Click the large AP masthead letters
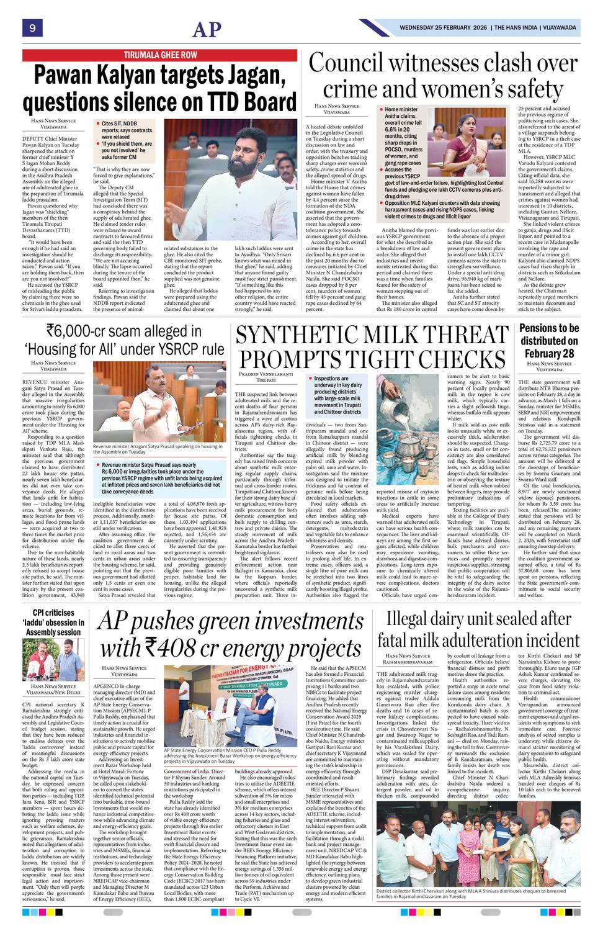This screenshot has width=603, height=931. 207,29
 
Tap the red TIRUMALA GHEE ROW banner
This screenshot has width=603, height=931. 160,55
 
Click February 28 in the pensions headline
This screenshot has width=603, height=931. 549,354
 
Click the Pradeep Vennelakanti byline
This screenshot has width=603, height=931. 266,375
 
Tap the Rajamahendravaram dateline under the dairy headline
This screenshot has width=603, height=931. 407,662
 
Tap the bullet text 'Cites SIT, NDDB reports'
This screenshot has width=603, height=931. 126,130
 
